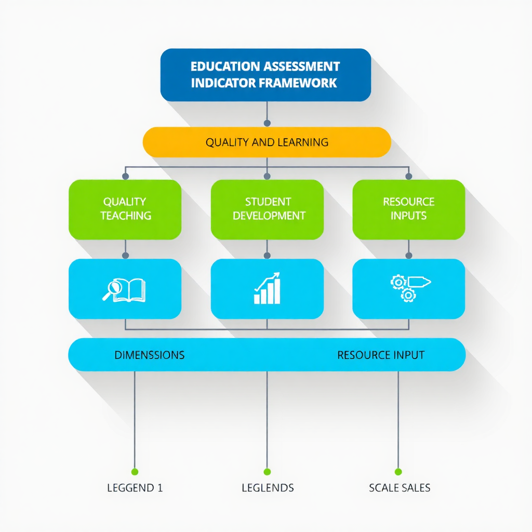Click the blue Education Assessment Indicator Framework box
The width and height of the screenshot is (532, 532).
click(x=265, y=74)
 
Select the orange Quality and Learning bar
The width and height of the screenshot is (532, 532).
click(x=267, y=142)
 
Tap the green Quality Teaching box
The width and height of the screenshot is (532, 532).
click(x=125, y=209)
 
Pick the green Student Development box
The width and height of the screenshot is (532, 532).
click(x=267, y=209)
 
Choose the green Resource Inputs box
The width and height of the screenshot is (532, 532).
click(x=408, y=209)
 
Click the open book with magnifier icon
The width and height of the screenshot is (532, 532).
click(x=124, y=290)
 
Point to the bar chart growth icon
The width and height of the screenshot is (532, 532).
click(x=267, y=288)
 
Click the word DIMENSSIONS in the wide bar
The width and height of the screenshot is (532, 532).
click(x=149, y=355)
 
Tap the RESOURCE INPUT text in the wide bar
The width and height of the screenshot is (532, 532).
click(x=380, y=355)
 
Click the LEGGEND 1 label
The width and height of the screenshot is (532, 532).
click(x=135, y=488)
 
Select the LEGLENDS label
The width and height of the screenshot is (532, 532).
click(x=268, y=488)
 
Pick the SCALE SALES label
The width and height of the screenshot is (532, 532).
click(x=400, y=488)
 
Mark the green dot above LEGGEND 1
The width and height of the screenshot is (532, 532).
click(x=135, y=472)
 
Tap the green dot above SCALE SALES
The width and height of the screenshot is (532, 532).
click(x=398, y=472)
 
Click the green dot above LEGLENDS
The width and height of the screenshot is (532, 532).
click(x=267, y=472)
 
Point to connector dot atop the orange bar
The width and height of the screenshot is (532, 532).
click(x=267, y=123)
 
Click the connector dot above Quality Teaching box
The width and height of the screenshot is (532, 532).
click(x=125, y=176)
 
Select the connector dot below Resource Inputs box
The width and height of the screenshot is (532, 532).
click(x=408, y=256)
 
